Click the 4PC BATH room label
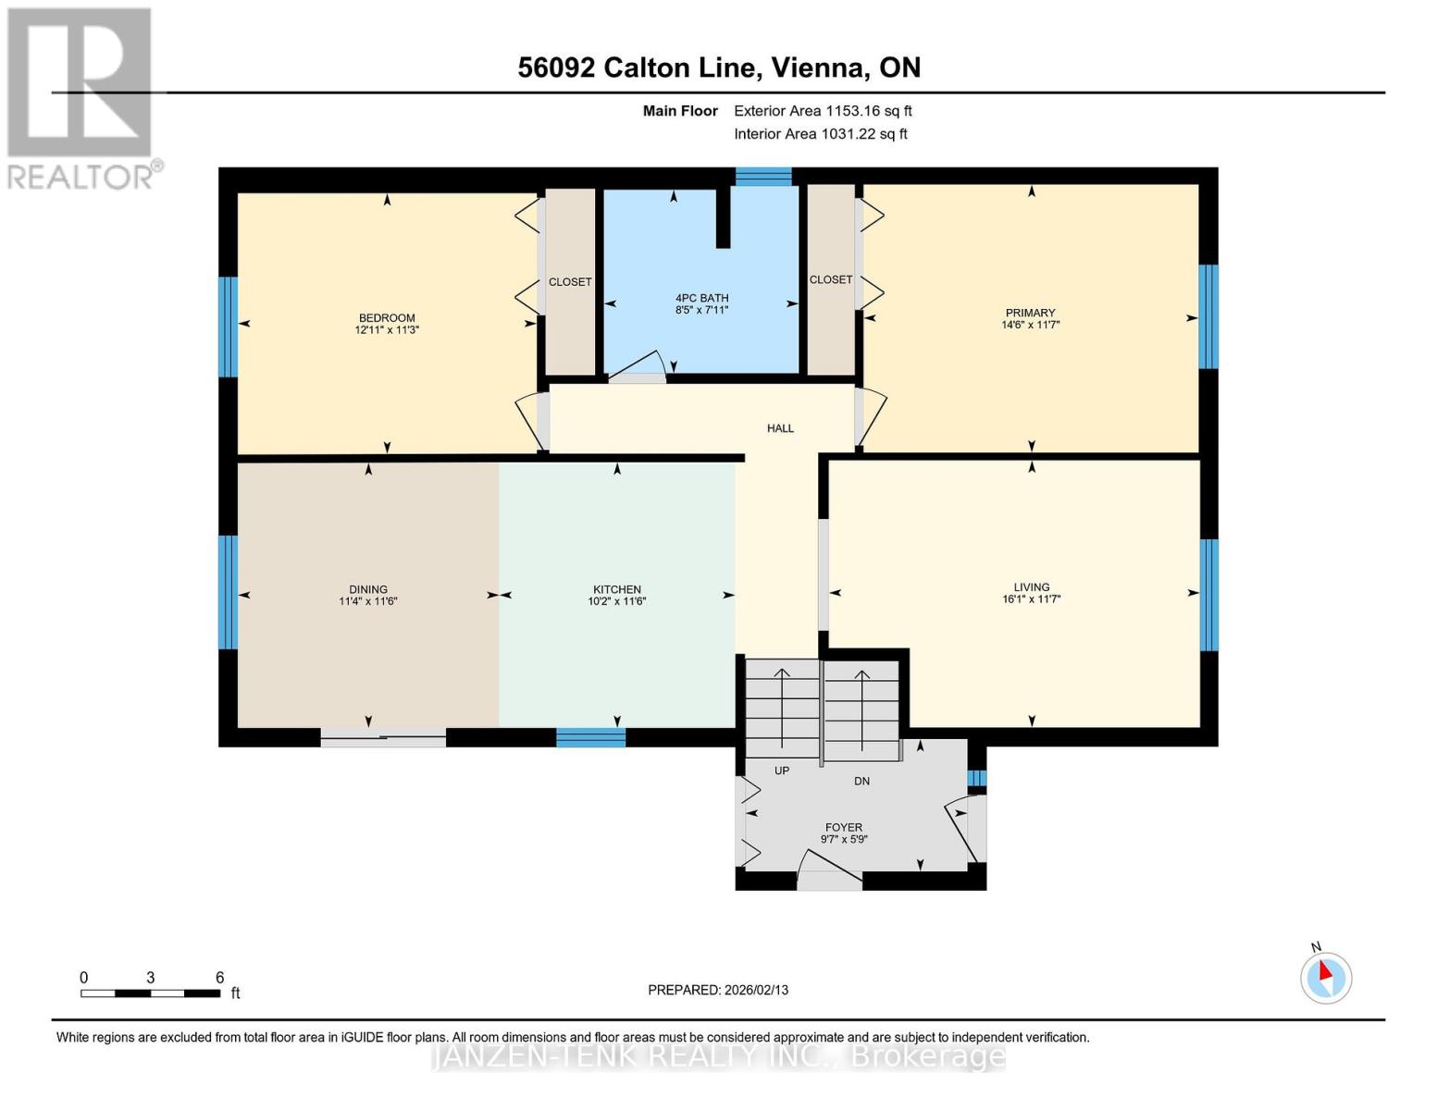click(701, 298)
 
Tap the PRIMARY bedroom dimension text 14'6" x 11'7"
click(1030, 326)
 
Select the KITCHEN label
click(617, 589)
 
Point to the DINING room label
click(368, 589)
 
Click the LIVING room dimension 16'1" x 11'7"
click(1031, 599)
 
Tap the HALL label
click(780, 428)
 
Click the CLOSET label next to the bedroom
click(570, 282)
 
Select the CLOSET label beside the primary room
click(831, 279)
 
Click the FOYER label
click(844, 828)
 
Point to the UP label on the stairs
click(782, 771)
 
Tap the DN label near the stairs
click(861, 782)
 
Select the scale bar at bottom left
click(150, 993)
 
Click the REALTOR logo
click(81, 97)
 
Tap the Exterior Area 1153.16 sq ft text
click(823, 111)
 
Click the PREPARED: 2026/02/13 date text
click(718, 990)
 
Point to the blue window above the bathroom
click(763, 177)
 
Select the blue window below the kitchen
click(590, 737)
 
